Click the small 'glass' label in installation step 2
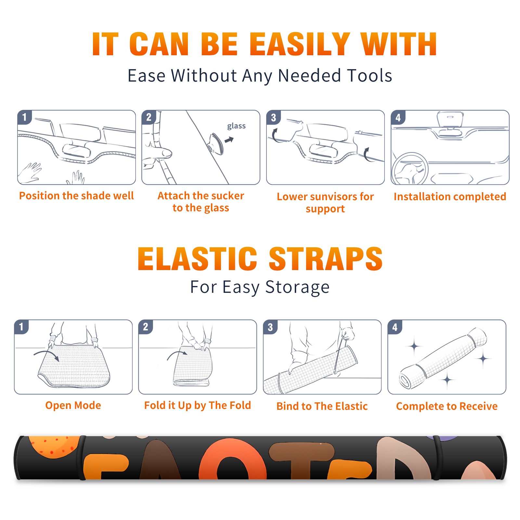[x=236, y=126]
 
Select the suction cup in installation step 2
[x=216, y=143]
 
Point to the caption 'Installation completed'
[x=450, y=196]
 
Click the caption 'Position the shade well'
[x=76, y=196]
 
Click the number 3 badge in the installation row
[x=273, y=118]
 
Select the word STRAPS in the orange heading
[x=326, y=259]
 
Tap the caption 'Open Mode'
[x=73, y=405]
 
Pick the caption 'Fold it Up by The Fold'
[x=198, y=405]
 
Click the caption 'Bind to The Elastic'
[x=322, y=406]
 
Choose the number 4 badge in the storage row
[x=395, y=327]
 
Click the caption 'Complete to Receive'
[x=447, y=406]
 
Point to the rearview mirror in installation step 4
[x=450, y=120]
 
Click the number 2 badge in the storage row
[x=146, y=327]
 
